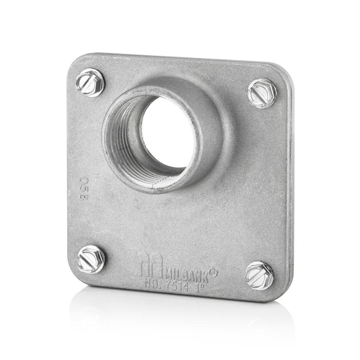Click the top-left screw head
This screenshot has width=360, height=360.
(x=90, y=83)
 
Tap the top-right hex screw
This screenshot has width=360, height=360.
(x=262, y=93)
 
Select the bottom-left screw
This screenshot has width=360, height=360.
(x=91, y=259)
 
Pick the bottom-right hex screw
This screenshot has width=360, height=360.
(x=259, y=276)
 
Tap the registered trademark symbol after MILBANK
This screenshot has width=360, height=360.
(x=213, y=273)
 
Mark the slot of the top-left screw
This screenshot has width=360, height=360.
(x=90, y=83)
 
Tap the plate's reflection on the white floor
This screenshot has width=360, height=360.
(x=180, y=317)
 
